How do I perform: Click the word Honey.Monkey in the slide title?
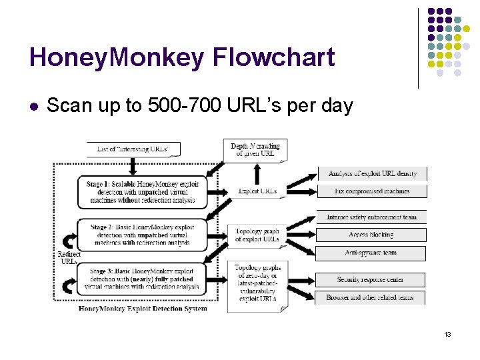[x=117, y=57]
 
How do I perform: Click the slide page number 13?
[x=447, y=333]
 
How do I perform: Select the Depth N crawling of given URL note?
[x=255, y=150]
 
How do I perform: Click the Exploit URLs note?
[x=257, y=191]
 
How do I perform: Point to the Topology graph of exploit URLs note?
[x=257, y=235]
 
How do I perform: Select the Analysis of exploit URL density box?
[x=372, y=174]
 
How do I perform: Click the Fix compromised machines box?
[x=372, y=191]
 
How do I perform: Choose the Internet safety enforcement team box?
[x=371, y=217]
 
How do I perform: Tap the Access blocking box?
[x=371, y=235]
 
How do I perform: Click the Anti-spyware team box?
[x=371, y=253]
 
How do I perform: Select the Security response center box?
[x=371, y=280]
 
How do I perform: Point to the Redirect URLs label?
[x=69, y=258]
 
